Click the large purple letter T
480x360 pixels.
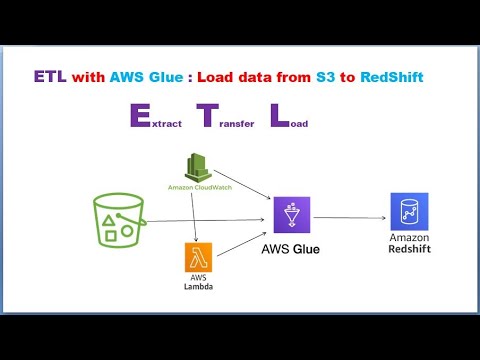click(x=207, y=117)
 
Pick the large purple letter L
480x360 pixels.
click(x=278, y=117)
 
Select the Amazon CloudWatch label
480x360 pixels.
click(x=196, y=187)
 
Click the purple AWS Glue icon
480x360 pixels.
click(x=292, y=214)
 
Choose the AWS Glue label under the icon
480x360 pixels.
click(x=292, y=246)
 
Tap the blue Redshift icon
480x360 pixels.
click(x=408, y=212)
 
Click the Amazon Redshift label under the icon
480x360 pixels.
click(x=408, y=243)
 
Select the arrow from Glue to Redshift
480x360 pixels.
click(x=350, y=215)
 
